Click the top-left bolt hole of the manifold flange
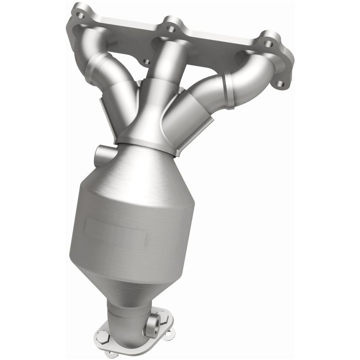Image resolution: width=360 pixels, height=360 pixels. click(x=80, y=15)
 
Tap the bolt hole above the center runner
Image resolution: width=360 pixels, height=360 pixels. click(x=171, y=29)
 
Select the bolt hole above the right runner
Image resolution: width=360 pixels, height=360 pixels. click(x=268, y=44)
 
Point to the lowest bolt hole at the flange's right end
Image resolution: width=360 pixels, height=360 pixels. click(x=280, y=84)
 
